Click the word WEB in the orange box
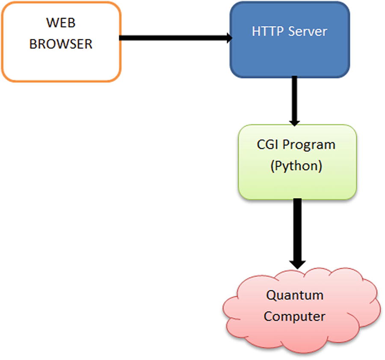(x=60, y=23)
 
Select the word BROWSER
(x=61, y=44)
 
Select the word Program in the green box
(x=310, y=145)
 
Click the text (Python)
(x=296, y=166)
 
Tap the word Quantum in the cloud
(x=295, y=295)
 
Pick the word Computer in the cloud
(x=294, y=316)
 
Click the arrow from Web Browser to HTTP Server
(x=171, y=38)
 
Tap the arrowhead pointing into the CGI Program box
(x=294, y=121)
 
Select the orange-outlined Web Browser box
(x=61, y=64)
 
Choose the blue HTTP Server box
(x=290, y=56)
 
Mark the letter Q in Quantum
(x=271, y=295)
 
